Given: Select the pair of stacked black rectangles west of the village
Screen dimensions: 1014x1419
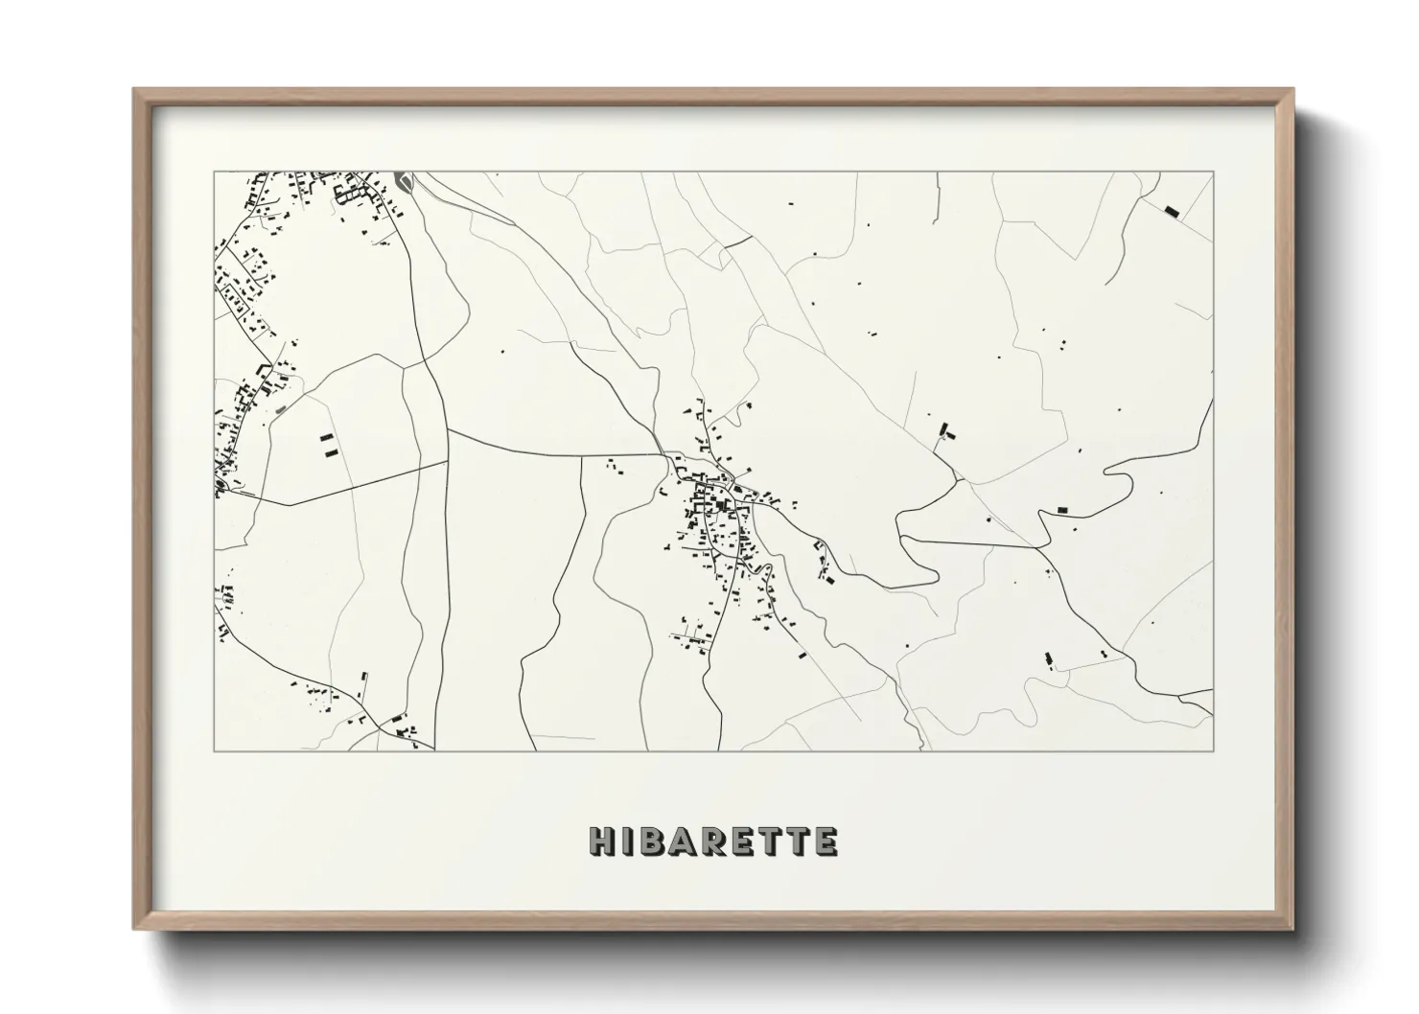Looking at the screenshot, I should coord(329,445).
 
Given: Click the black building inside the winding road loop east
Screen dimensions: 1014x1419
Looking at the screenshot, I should coord(1062,510).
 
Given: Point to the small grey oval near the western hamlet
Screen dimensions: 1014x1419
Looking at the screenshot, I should coord(281,409).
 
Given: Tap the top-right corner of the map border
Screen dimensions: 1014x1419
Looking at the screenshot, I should coord(1213,173).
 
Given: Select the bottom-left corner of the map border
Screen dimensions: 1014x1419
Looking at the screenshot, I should coord(215,750).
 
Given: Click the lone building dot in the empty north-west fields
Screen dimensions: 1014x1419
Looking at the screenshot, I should coord(500,350).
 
